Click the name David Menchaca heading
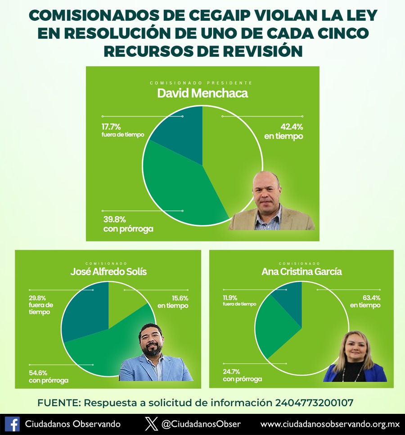tap(202, 94)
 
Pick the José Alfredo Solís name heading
tap(108, 272)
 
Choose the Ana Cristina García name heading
tap(301, 272)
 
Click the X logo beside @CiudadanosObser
tap(152, 424)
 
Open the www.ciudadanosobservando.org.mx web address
tap(330, 424)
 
